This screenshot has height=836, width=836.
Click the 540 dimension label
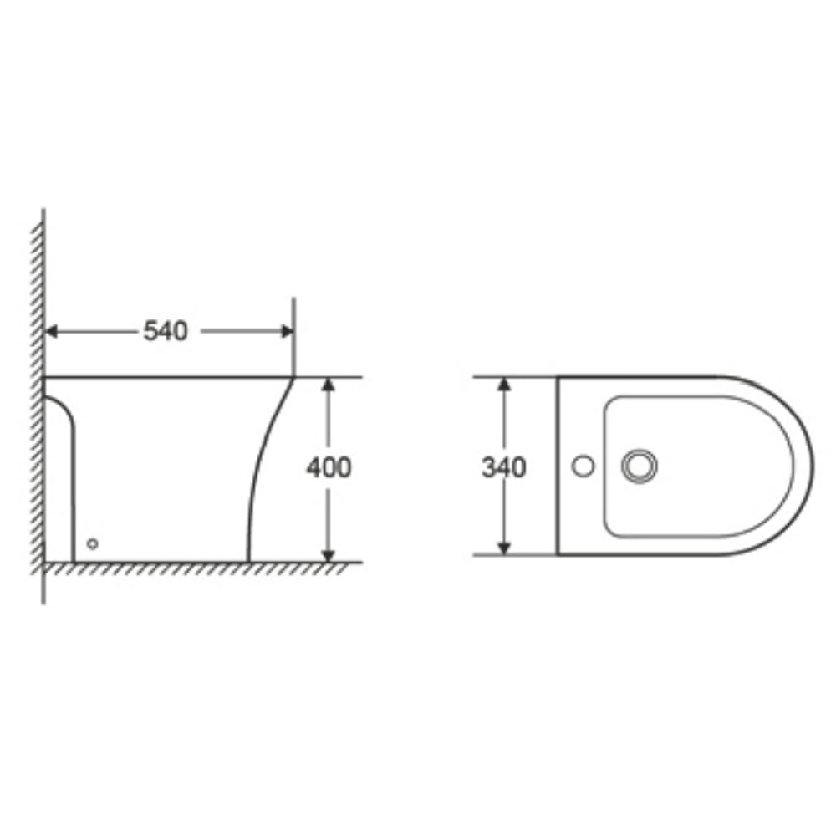[166, 332]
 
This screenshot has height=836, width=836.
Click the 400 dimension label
[329, 468]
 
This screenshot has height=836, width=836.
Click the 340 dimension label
[503, 468]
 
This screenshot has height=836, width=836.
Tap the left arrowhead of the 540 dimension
[50, 332]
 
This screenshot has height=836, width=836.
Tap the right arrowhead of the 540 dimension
[288, 332]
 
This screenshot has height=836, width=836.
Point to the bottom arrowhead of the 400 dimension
[329, 555]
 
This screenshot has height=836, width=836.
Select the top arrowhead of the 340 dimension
[504, 384]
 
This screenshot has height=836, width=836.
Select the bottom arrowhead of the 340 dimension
[504, 548]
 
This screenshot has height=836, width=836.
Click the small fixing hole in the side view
[93, 543]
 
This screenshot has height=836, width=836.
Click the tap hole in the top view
[584, 466]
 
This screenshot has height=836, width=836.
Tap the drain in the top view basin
[640, 466]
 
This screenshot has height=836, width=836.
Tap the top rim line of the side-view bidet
[167, 378]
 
